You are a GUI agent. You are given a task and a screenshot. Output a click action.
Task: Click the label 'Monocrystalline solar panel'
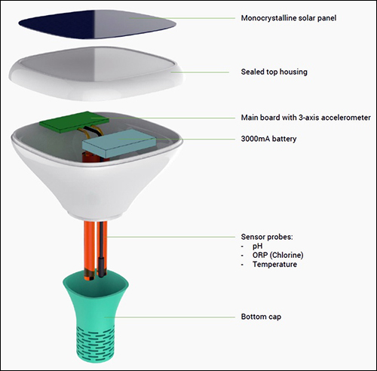[289, 18]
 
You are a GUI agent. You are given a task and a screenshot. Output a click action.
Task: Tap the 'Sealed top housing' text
[274, 72]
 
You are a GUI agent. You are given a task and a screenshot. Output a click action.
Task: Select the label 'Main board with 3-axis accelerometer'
[305, 118]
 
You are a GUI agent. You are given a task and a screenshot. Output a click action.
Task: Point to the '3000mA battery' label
[268, 139]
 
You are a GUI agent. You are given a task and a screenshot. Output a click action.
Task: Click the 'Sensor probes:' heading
[267, 237]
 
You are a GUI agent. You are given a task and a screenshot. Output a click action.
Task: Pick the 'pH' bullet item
[257, 246]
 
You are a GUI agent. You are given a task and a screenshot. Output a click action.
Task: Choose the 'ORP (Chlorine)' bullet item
[277, 255]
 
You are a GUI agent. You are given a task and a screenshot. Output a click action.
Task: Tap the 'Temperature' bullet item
[274, 265]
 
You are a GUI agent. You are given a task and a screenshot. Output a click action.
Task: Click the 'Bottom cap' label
[261, 317]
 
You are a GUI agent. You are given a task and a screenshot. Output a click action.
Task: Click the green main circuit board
[75, 121]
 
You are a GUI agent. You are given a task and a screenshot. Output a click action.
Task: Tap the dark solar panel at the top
[97, 24]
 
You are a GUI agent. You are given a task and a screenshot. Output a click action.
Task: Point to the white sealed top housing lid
[97, 73]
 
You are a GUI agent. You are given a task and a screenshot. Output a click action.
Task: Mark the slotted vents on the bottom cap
[96, 343]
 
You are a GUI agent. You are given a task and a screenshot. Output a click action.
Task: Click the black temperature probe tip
[101, 267]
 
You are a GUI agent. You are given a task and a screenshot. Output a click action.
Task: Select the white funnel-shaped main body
[97, 171]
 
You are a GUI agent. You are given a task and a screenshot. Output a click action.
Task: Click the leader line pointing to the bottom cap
[170, 317]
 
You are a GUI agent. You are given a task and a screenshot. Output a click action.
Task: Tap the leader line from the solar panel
[182, 18]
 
